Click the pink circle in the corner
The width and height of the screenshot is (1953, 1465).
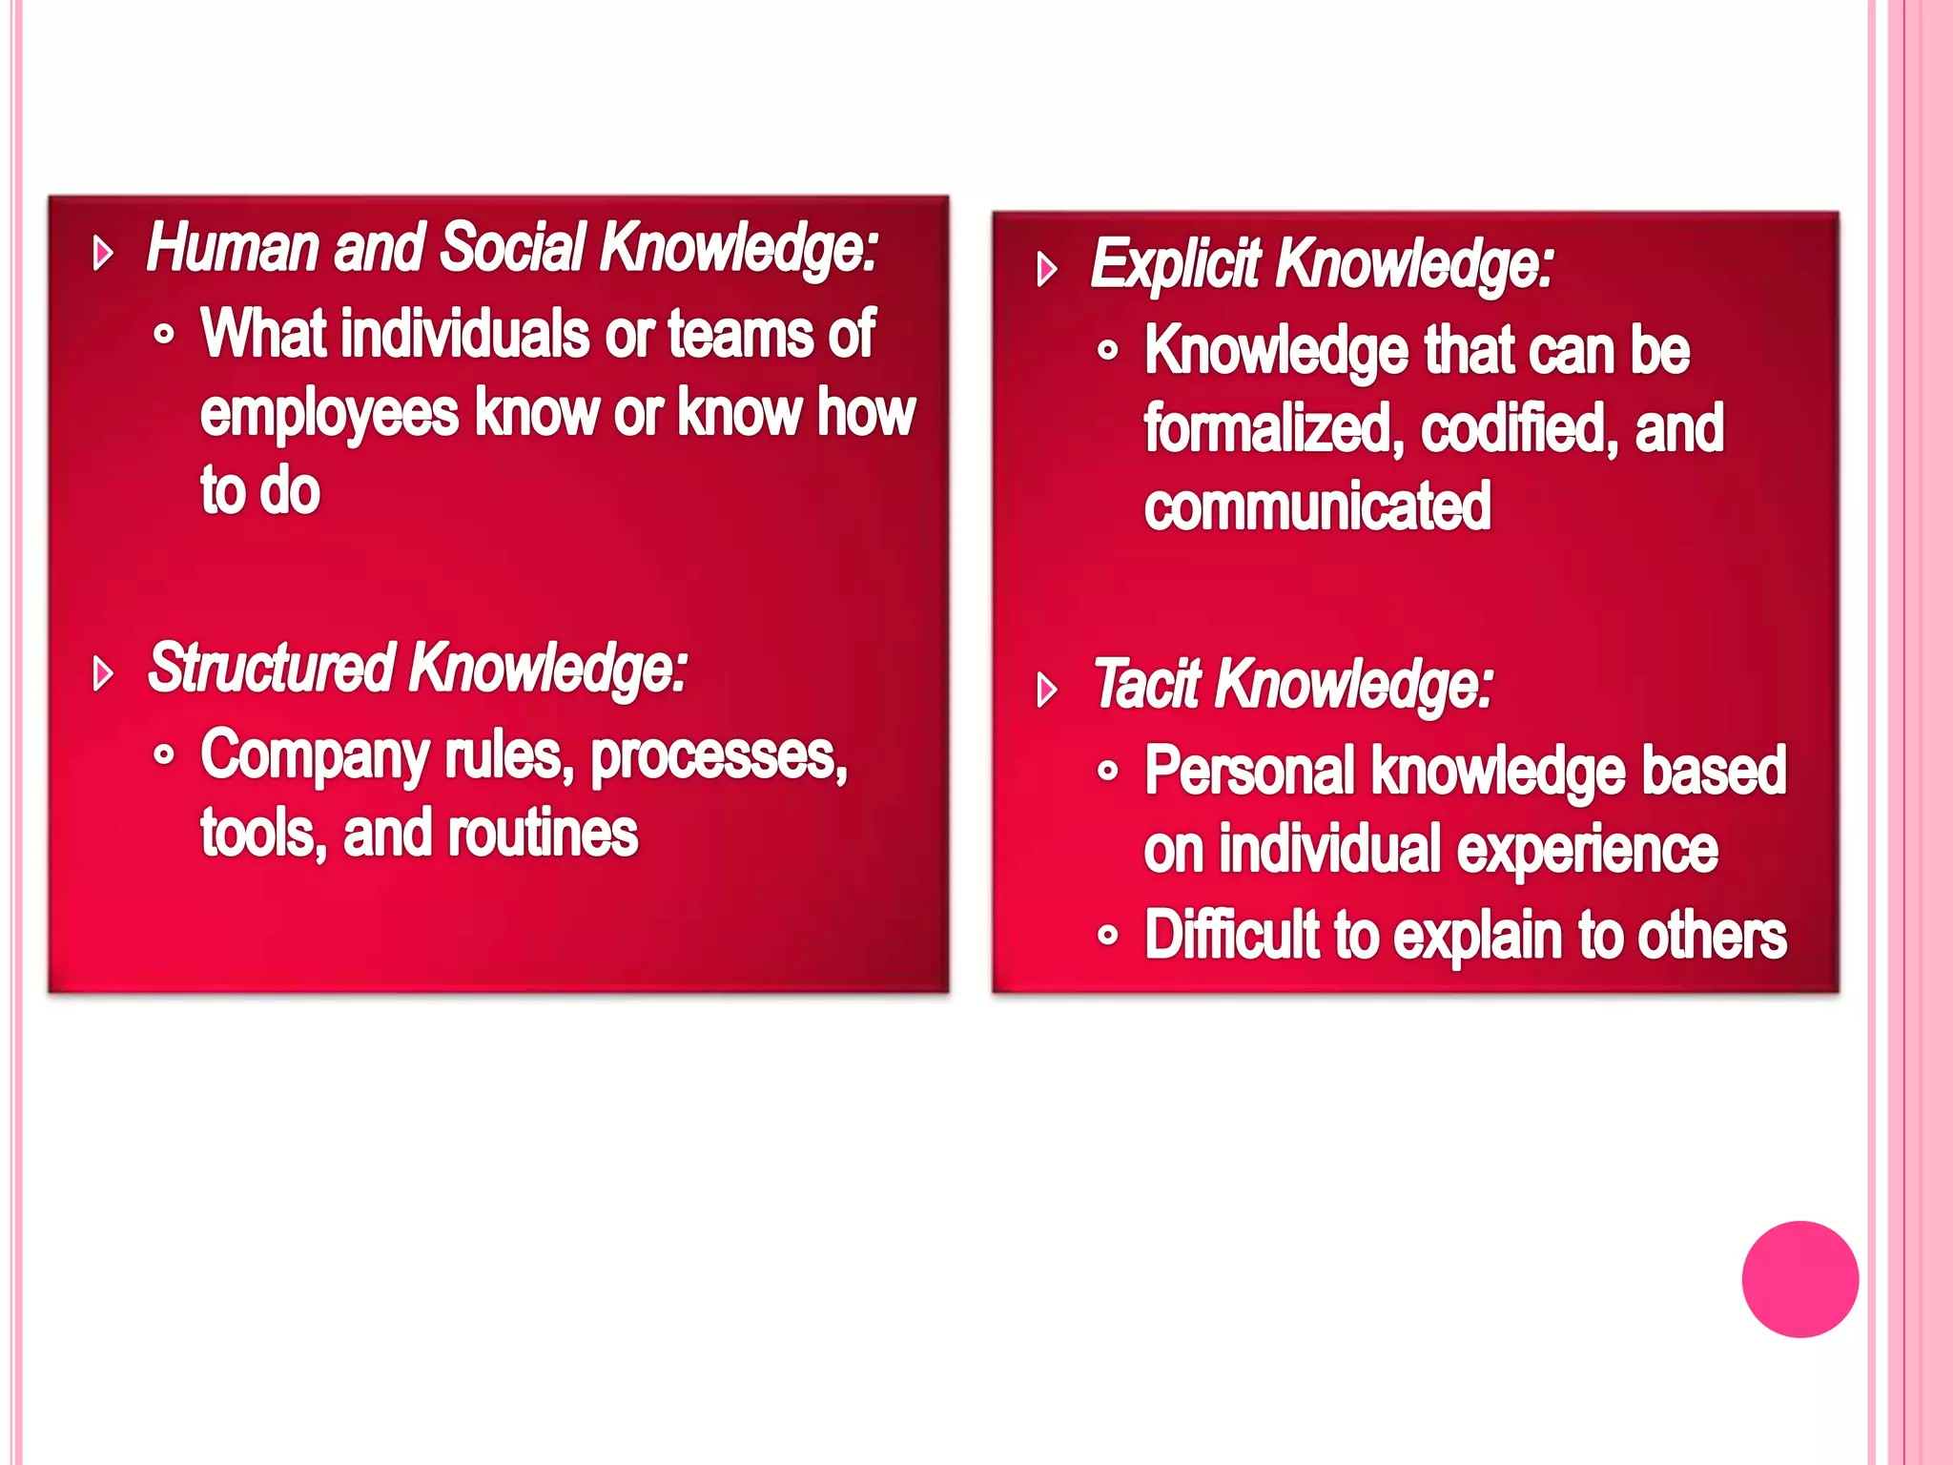click(1799, 1278)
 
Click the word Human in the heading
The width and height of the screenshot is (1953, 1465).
click(232, 248)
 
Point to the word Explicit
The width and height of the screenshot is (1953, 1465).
click(1175, 264)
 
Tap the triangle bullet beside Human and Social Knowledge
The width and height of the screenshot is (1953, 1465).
click(103, 254)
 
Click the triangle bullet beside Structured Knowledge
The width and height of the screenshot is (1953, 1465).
click(103, 673)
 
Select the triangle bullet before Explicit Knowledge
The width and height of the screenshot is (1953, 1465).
click(1047, 270)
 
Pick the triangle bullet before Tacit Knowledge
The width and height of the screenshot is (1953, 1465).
click(1047, 690)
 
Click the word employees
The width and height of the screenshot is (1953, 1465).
click(329, 415)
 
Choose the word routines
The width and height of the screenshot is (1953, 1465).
click(542, 834)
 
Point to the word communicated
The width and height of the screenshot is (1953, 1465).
click(1317, 506)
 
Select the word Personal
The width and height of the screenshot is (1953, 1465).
click(1249, 771)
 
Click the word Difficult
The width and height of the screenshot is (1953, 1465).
click(1231, 935)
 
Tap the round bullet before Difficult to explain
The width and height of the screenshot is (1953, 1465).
click(1107, 935)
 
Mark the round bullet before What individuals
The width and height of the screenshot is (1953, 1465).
click(164, 335)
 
